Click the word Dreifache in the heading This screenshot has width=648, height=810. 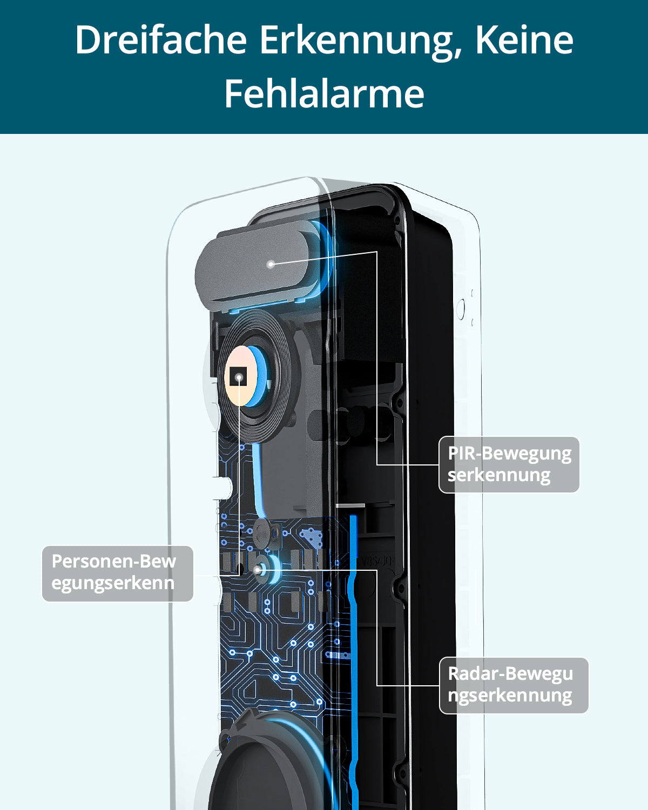(x=160, y=40)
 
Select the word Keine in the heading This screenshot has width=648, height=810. (x=524, y=40)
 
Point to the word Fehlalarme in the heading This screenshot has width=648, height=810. (x=324, y=93)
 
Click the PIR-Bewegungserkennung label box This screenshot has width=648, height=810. (x=509, y=464)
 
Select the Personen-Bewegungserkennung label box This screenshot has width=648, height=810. (x=117, y=573)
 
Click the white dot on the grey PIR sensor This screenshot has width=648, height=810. (x=271, y=264)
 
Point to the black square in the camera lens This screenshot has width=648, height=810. (x=238, y=376)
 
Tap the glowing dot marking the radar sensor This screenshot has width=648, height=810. (x=259, y=569)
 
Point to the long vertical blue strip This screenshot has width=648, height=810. (x=354, y=621)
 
